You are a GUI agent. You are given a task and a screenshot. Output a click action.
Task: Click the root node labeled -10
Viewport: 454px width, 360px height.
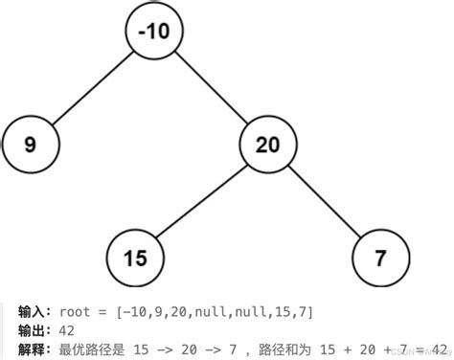[154, 31]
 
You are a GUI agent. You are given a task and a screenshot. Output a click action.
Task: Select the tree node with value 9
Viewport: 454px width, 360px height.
[31, 145]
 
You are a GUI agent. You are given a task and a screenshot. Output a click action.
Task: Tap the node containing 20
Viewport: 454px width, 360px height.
[268, 145]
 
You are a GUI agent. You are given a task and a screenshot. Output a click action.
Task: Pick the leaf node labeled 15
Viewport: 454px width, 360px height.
[135, 258]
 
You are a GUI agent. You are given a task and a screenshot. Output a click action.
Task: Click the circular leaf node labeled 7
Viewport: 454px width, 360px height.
[380, 258]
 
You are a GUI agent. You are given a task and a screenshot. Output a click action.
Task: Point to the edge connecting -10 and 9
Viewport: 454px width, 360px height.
[93, 88]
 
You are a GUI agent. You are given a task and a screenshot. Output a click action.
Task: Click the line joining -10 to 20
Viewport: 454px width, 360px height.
[211, 87]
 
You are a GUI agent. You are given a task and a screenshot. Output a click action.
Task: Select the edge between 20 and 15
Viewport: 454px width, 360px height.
[202, 201]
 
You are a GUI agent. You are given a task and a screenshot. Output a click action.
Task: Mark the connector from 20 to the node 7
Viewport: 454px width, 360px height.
[325, 201]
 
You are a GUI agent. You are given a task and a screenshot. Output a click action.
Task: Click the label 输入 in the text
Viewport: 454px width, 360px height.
[32, 312]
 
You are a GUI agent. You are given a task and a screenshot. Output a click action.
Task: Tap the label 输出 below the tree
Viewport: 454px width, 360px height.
[32, 331]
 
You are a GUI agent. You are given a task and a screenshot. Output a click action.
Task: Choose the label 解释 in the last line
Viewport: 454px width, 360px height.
[32, 349]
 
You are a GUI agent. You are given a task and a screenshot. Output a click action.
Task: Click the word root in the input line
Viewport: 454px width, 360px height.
[75, 312]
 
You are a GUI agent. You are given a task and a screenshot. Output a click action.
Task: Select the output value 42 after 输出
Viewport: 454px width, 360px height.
[67, 331]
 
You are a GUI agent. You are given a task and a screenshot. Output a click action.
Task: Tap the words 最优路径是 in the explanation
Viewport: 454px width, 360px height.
[92, 349]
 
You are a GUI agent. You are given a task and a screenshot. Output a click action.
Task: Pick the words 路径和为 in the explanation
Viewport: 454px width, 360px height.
[284, 349]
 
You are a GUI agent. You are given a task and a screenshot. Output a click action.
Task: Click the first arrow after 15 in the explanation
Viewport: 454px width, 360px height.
[166, 350]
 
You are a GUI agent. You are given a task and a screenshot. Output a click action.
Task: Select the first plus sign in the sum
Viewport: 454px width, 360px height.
[348, 350]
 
